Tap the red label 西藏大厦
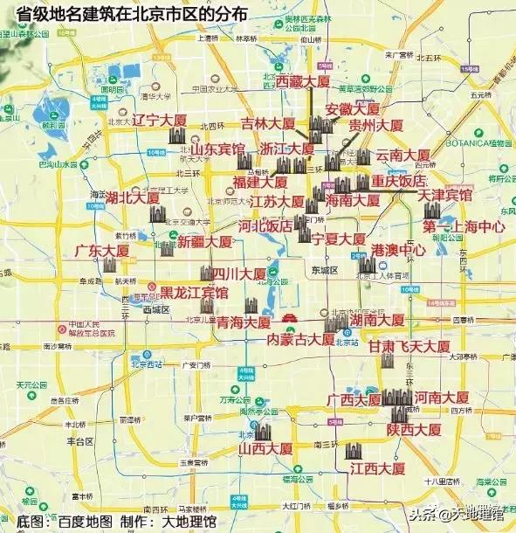(303, 81)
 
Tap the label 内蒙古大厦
(301, 338)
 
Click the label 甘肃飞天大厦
(409, 347)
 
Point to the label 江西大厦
(376, 469)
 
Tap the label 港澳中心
(398, 250)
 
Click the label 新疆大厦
(205, 242)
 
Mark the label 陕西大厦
(414, 430)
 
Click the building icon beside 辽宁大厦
(177, 136)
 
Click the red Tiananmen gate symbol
(292, 318)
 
